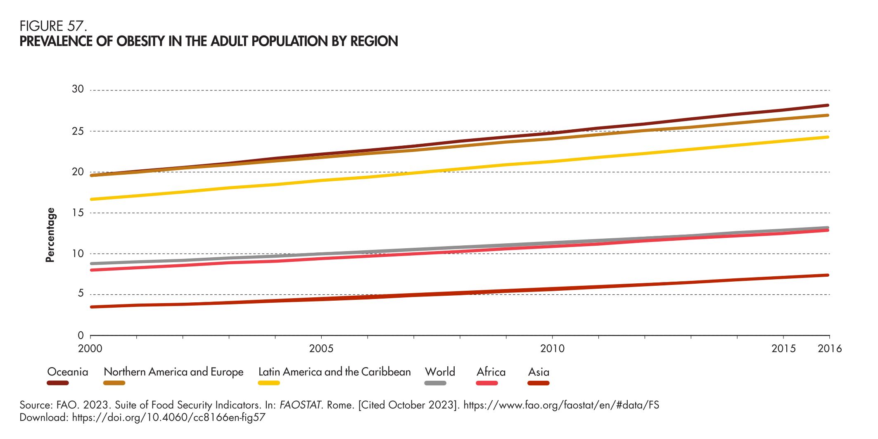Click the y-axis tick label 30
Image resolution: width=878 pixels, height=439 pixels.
78,90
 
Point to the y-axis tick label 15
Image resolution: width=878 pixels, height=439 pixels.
78,213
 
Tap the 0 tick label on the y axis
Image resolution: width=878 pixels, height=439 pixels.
81,335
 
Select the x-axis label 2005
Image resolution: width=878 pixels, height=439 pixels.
321,349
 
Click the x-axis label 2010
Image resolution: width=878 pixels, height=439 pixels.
553,349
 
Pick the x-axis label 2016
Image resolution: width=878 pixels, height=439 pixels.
830,349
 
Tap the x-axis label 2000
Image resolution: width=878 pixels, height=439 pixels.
90,349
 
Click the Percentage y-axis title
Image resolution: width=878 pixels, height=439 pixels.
50,235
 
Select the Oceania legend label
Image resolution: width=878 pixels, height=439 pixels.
68,372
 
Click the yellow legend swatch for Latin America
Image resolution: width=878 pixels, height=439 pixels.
269,383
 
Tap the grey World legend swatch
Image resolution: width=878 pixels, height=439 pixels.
435,383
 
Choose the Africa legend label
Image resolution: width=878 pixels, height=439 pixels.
491,372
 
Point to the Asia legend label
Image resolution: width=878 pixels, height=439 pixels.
539,372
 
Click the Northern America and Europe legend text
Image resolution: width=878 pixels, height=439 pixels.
173,372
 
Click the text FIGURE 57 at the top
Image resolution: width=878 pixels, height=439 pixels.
53,27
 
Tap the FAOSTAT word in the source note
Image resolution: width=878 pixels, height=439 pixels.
301,405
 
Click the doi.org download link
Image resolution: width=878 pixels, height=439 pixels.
168,418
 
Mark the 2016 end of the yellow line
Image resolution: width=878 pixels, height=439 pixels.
828,137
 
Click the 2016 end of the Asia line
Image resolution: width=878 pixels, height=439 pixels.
828,275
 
